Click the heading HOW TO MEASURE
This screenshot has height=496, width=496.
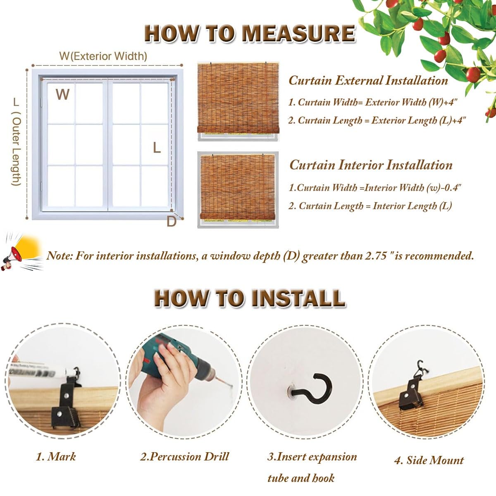tap(250, 33)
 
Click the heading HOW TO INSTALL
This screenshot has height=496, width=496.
tap(250, 298)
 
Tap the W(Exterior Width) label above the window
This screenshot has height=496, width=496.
tap(103, 56)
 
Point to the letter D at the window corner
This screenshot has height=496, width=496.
tap(171, 222)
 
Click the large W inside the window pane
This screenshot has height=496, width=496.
tap(62, 94)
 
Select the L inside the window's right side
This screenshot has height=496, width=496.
tap(157, 148)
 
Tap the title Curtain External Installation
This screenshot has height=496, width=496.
tap(368, 80)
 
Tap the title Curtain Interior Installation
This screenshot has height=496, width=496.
tap(371, 165)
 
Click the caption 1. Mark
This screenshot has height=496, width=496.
tap(56, 456)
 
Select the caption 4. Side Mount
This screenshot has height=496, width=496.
tap(429, 460)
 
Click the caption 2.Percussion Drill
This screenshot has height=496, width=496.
tap(184, 456)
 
